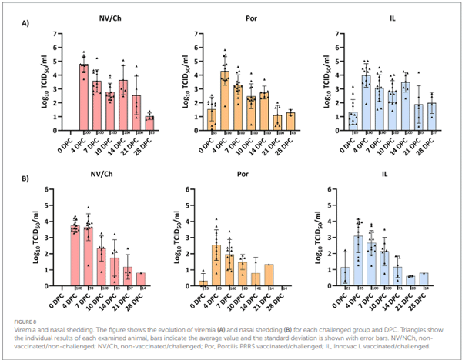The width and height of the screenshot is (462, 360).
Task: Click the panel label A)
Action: (25, 24)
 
